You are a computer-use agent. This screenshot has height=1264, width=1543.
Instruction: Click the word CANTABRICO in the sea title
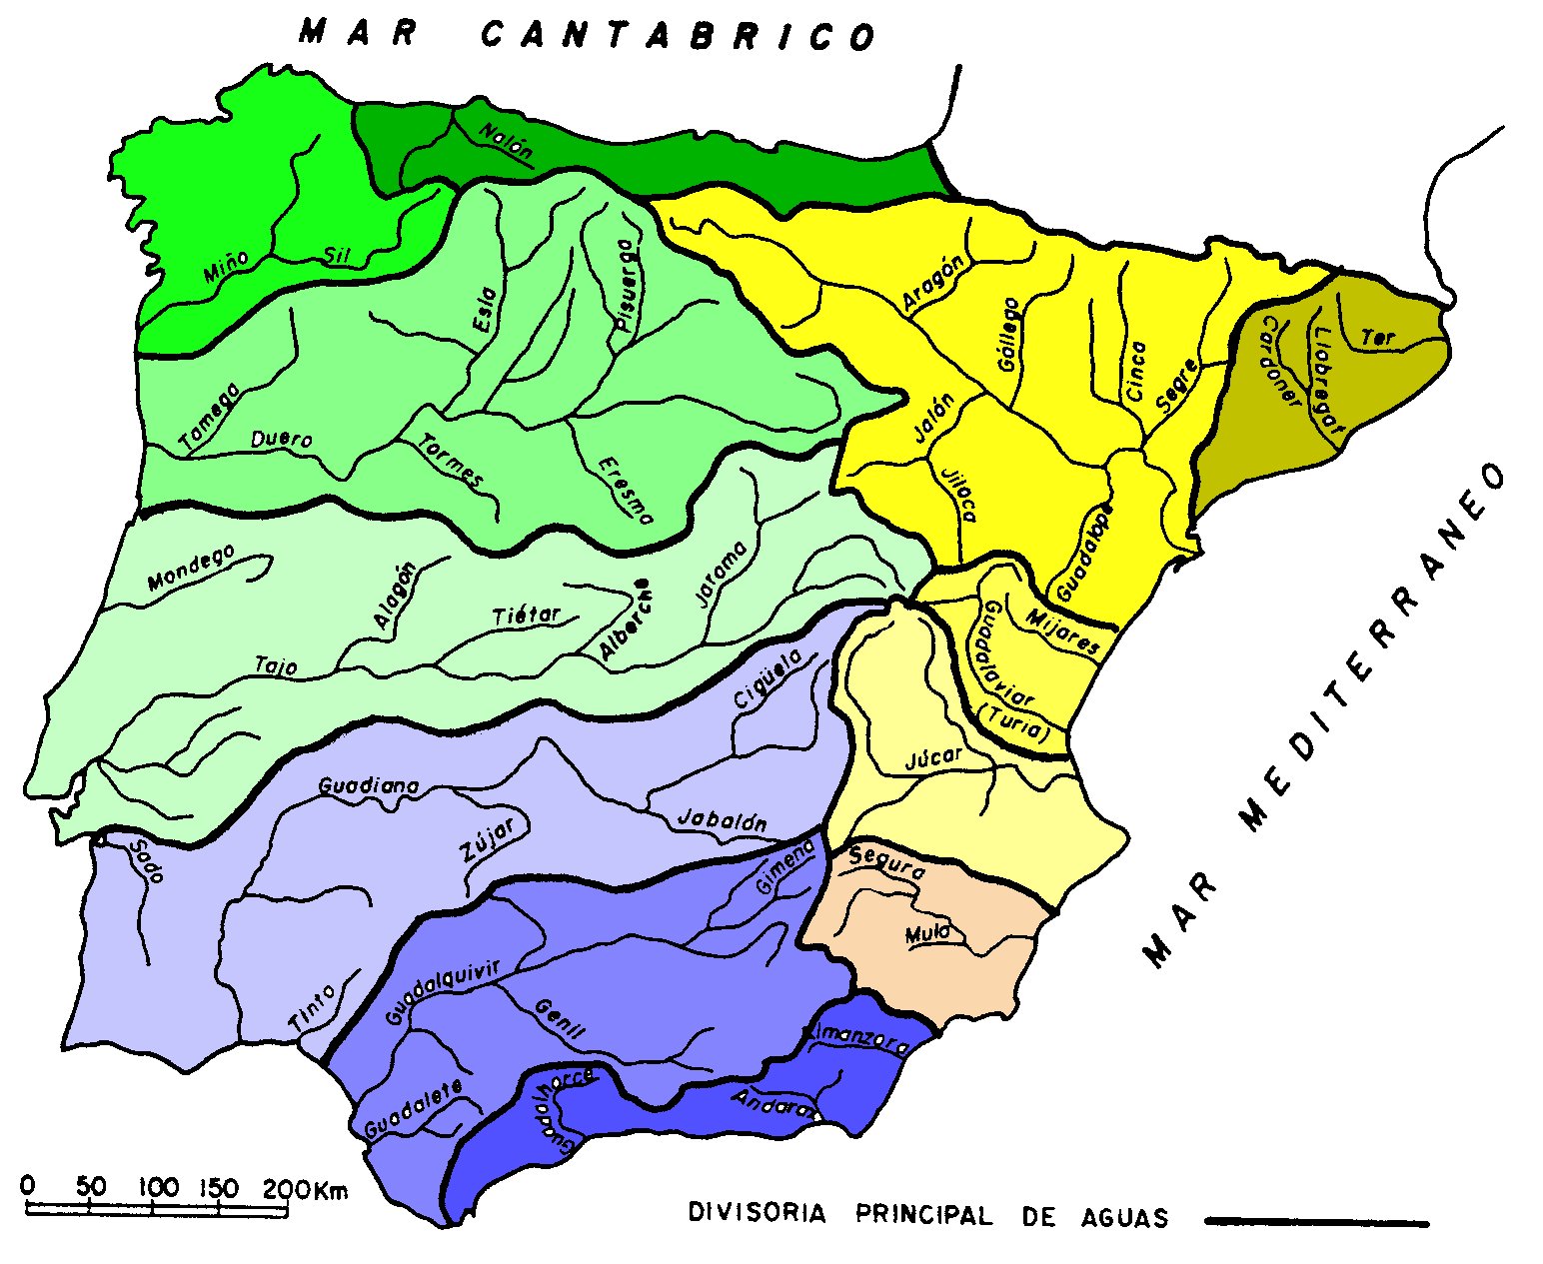pyautogui.click(x=679, y=36)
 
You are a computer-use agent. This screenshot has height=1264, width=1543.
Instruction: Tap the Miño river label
pyautogui.click(x=226, y=268)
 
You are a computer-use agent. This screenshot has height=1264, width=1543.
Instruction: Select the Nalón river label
pyautogui.click(x=506, y=142)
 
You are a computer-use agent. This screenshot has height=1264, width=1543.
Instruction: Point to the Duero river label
pyautogui.click(x=281, y=439)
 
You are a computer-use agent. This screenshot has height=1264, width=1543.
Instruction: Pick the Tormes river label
pyautogui.click(x=451, y=461)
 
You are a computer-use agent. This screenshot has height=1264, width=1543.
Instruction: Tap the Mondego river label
pyautogui.click(x=191, y=568)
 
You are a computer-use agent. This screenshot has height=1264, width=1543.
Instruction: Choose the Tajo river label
pyautogui.click(x=276, y=665)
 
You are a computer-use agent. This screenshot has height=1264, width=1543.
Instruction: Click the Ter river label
pyautogui.click(x=1378, y=338)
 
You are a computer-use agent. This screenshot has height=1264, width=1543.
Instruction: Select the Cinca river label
pyautogui.click(x=1135, y=372)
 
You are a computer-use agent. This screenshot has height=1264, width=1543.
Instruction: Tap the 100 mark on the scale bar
pyautogui.click(x=158, y=1188)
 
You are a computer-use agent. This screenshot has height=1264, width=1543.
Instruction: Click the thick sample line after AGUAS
pyautogui.click(x=1317, y=1220)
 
